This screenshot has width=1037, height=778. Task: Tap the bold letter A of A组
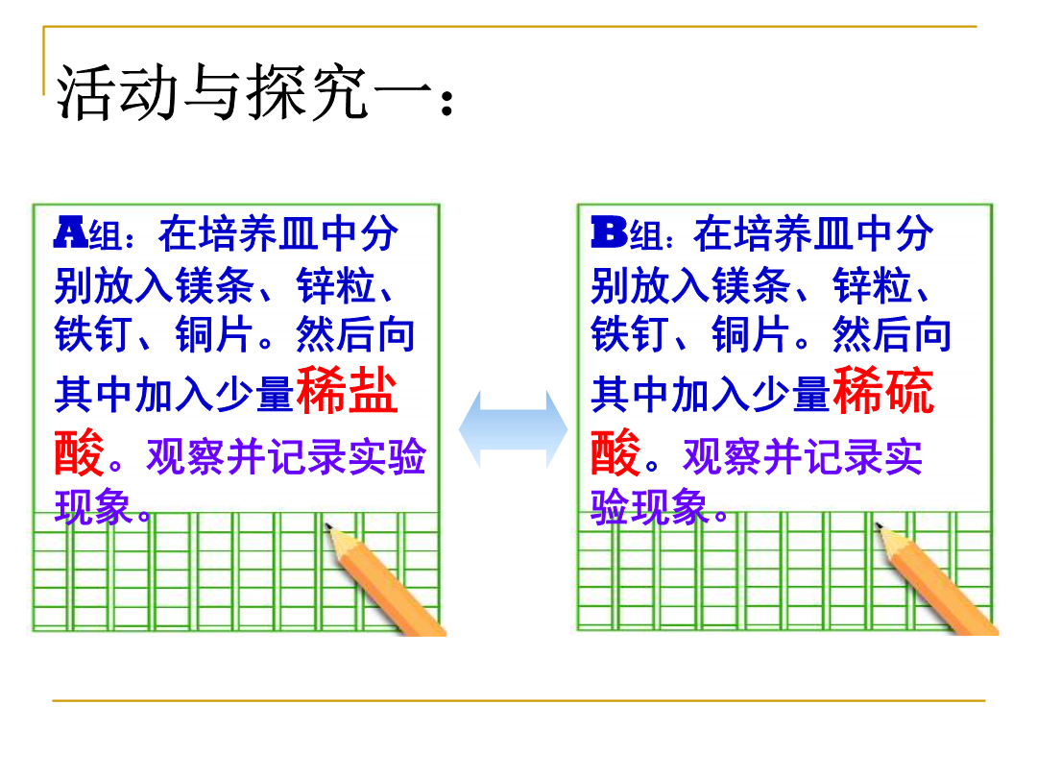click(x=71, y=232)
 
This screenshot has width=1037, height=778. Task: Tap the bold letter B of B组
click(x=609, y=232)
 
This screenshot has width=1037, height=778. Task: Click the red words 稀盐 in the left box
click(x=348, y=390)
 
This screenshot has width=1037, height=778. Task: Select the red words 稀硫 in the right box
click(x=883, y=390)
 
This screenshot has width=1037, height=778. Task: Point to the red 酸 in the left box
click(x=80, y=452)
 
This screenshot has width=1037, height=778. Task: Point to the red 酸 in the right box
click(x=615, y=452)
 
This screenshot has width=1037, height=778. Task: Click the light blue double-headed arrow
click(x=513, y=429)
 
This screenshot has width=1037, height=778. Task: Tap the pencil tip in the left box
click(x=327, y=526)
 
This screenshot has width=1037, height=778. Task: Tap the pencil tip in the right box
click(x=879, y=526)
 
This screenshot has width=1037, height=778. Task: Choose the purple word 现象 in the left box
click(x=93, y=507)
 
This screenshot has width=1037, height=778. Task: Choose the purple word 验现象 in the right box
click(x=650, y=507)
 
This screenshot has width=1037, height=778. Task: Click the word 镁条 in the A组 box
click(x=215, y=286)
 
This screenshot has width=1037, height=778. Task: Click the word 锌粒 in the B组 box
click(x=873, y=286)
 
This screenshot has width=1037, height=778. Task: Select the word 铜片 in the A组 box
click(x=215, y=334)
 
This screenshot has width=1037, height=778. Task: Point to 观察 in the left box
click(x=186, y=456)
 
